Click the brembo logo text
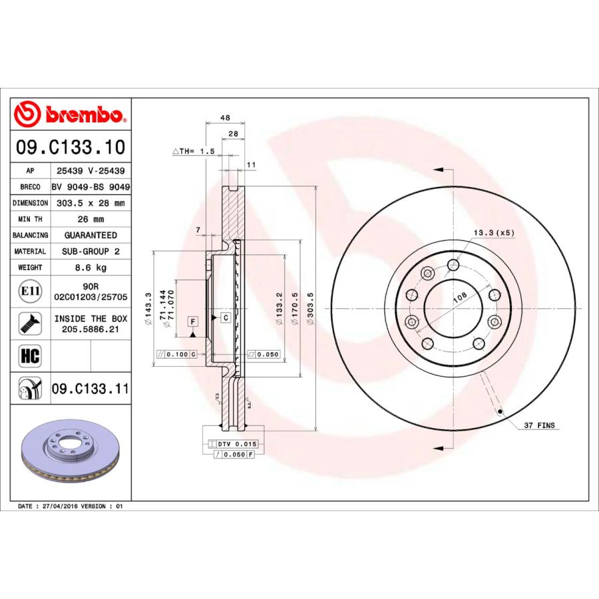pos(81,116)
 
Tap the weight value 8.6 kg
pos(91,268)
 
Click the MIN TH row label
pos(31,219)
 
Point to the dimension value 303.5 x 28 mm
pos(91,203)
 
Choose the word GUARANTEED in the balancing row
pos(91,236)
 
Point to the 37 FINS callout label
pos(538,425)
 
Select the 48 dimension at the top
pos(225,118)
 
